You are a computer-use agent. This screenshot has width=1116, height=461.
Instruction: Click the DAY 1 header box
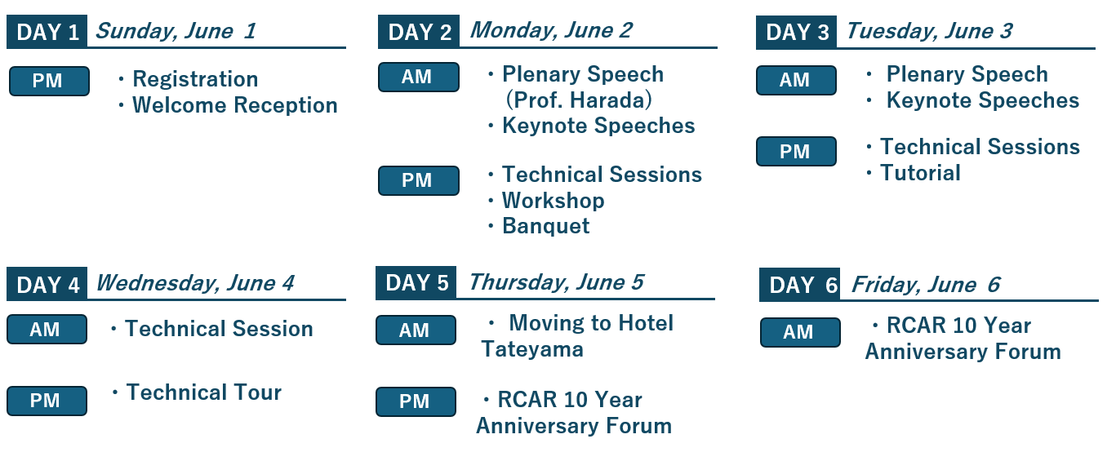[x=47, y=32]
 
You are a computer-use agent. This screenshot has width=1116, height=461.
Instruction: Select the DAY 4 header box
[x=47, y=284]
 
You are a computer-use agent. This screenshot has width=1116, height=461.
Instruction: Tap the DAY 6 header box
[x=799, y=285]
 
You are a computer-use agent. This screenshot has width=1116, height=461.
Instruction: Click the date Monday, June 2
[x=551, y=30]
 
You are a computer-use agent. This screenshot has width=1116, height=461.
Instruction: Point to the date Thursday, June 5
[x=557, y=282]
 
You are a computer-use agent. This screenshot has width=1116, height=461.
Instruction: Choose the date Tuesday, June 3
[x=930, y=31]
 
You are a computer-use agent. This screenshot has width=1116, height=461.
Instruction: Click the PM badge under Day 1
[x=49, y=81]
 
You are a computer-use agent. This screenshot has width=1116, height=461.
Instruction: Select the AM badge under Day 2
[x=419, y=78]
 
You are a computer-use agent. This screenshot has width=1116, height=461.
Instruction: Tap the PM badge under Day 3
[x=796, y=151]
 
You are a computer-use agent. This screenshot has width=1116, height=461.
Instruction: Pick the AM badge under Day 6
[x=800, y=332]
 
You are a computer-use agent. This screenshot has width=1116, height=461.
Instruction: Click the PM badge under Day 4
[x=47, y=401]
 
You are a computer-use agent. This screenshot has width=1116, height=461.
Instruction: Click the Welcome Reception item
[x=234, y=105]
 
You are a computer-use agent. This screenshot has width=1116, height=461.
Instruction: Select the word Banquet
[x=545, y=226]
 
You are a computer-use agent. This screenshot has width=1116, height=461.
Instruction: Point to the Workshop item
[x=553, y=201]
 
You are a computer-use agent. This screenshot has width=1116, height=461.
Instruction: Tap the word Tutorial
[x=920, y=173]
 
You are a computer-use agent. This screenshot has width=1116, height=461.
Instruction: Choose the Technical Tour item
[x=204, y=392]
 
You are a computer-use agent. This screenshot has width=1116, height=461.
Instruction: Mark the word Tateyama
[x=532, y=349]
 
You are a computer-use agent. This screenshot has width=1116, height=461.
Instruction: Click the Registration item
[x=195, y=79]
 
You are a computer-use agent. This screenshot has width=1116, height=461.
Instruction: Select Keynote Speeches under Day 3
[x=982, y=100]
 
